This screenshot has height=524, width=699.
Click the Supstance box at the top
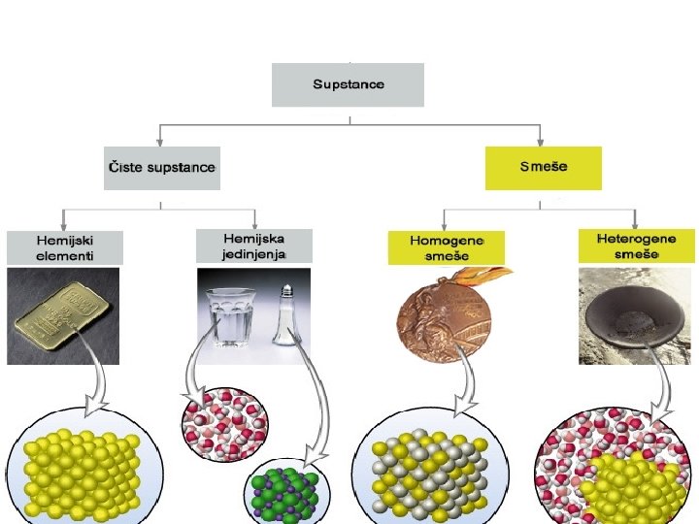coord(348,84)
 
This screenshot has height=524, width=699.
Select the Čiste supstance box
coord(160,168)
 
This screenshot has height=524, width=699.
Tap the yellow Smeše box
coord(543,168)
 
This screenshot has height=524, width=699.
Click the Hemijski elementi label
coord(64,247)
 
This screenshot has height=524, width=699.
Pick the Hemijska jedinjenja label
coord(254,246)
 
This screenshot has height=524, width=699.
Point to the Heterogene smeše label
coord(636,246)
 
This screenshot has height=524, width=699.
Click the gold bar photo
coord(63,316)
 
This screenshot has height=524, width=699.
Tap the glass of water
coord(229,316)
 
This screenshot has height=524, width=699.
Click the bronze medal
coord(446,318)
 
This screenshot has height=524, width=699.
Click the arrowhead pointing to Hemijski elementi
coord(63,224)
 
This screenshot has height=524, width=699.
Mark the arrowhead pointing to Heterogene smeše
coord(635,223)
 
